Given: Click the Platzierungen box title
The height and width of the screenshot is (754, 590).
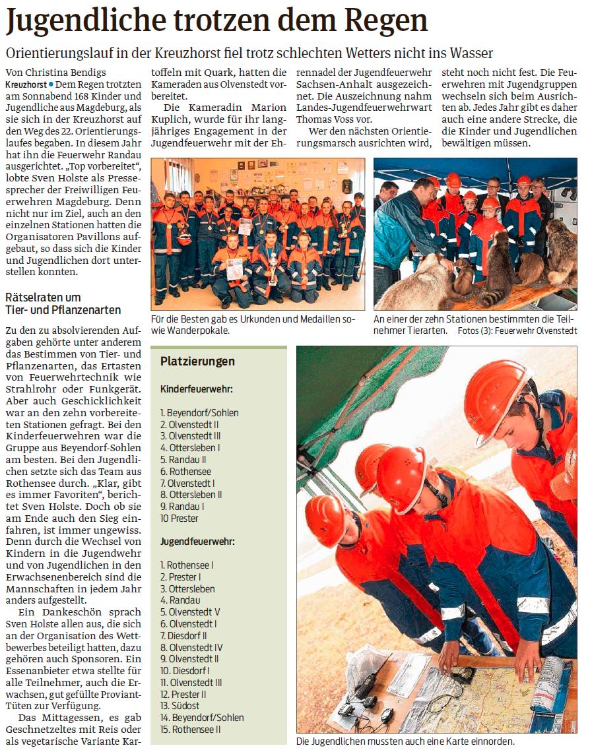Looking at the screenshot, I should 197,361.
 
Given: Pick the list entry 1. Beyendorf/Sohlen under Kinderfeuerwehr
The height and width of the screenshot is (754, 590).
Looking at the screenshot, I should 199,413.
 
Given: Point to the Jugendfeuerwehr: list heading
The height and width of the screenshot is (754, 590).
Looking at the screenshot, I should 197,542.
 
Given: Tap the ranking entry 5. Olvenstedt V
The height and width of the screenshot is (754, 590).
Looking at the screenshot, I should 190,612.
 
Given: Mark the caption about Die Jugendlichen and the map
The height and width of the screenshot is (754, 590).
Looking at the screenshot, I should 405,741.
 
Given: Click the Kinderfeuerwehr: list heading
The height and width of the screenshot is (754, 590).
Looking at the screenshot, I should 196,390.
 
